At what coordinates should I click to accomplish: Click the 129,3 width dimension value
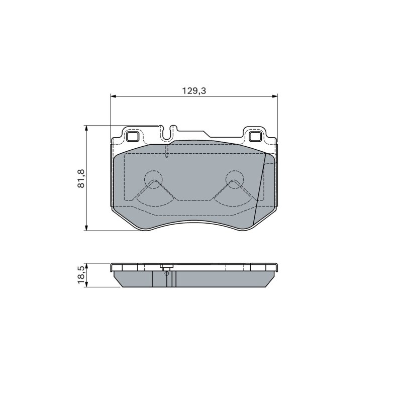(194, 91)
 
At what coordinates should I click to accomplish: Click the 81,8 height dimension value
(81, 178)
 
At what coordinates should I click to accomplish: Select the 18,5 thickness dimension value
(81, 274)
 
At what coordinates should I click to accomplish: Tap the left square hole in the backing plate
(133, 136)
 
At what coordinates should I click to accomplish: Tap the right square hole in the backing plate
(255, 136)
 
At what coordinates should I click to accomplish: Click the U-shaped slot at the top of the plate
(167, 133)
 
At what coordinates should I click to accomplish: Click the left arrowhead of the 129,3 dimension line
(114, 96)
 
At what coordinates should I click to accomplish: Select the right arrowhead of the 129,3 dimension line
(274, 96)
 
